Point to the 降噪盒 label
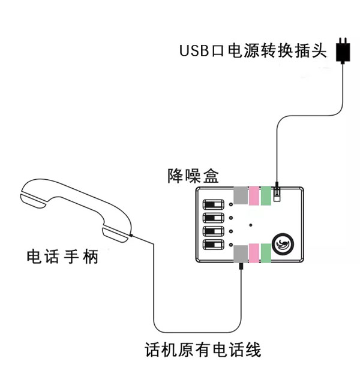point(193,176)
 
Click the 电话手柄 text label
point(62,257)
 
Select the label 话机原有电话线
point(203,349)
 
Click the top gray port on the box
point(241,196)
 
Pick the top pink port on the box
point(254,196)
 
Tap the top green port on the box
point(266,196)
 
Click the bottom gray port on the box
point(241,254)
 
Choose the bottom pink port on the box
point(254,254)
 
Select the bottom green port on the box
point(266,254)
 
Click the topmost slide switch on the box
point(213,204)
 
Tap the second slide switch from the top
point(213,218)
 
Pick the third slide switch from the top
point(213,231)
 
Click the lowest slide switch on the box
point(213,245)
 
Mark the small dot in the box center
point(251,225)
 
